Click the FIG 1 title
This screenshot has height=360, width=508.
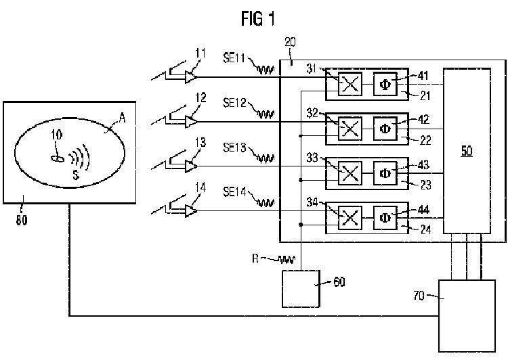pos(258,18)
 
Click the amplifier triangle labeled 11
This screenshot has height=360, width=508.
pos(191,77)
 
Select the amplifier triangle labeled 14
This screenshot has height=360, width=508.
pos(191,211)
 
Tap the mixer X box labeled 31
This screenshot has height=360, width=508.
pos(350,84)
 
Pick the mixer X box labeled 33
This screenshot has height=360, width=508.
pos(350,173)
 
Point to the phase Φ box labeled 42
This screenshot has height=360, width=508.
pos(385,129)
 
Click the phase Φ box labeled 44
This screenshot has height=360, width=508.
pos(385,217)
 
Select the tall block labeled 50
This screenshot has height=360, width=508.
pos(467,151)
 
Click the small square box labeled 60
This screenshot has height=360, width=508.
pos(301,289)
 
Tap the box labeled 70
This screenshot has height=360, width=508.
pos(467,316)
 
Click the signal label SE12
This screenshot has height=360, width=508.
pos(234,103)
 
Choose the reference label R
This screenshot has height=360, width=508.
pos(255,258)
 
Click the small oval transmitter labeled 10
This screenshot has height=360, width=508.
pos(58,158)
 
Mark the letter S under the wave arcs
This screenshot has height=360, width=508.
pos(76,175)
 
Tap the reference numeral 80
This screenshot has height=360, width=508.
pos(22,220)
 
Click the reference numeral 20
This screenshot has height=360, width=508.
pos(290,42)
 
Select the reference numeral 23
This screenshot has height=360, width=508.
pos(426,185)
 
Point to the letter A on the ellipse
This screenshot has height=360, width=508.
pos(122,118)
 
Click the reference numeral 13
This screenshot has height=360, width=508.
pos(200,142)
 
